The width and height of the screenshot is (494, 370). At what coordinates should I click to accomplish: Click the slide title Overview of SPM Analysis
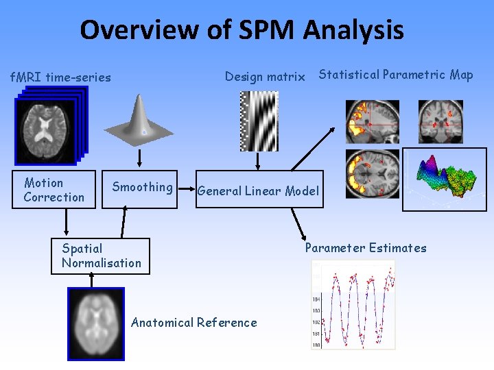point(242,30)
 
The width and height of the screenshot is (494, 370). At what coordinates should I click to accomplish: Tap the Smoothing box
point(142,187)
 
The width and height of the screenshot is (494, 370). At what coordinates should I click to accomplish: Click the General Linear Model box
point(259,190)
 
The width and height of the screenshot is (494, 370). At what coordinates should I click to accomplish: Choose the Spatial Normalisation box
point(100,256)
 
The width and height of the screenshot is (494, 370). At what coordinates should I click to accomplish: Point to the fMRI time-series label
point(60,77)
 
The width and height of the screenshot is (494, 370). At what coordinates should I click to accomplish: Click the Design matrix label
point(265,77)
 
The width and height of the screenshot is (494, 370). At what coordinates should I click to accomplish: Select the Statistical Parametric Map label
point(396,75)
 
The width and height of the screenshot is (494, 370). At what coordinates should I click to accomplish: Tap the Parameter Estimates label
point(366,248)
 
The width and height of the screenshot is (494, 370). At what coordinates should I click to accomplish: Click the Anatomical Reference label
point(194,323)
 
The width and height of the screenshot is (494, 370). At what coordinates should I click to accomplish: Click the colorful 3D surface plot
point(445,180)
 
